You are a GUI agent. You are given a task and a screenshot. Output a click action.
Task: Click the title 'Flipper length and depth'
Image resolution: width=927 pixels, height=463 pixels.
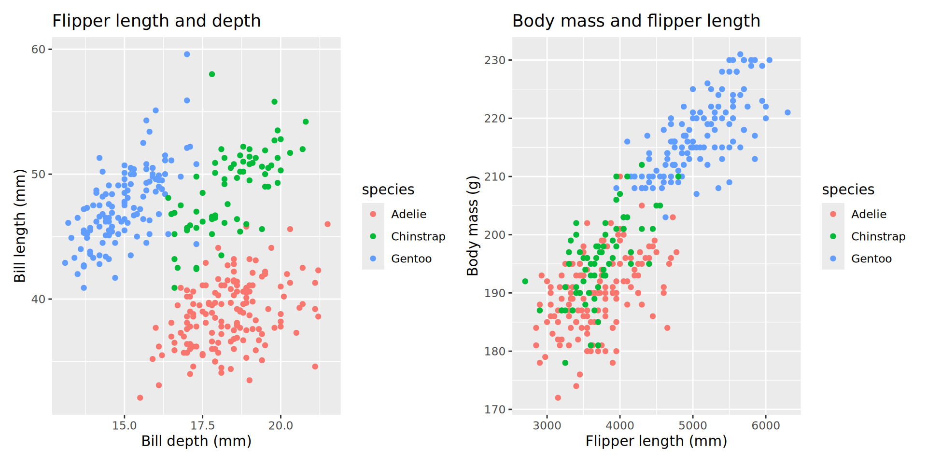[x=156, y=21]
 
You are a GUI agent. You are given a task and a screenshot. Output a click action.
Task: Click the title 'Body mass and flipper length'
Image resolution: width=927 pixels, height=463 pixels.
[x=636, y=21]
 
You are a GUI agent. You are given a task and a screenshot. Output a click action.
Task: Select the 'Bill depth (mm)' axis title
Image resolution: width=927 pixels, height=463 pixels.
[x=196, y=441]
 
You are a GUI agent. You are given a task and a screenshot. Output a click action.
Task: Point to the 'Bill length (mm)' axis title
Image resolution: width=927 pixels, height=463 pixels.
[x=20, y=226]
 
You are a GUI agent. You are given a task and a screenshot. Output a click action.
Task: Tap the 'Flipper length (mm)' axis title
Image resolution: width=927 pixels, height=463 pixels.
[x=656, y=441]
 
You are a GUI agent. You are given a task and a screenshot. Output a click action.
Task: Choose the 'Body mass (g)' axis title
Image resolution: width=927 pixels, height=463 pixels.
[x=472, y=226]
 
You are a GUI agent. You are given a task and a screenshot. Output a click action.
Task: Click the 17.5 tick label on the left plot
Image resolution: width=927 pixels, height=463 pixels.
[x=202, y=425]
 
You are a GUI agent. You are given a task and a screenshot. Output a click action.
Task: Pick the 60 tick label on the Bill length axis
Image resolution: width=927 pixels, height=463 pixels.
[x=38, y=50]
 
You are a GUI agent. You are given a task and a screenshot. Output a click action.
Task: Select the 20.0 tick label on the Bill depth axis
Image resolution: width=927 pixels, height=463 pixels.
[x=281, y=425]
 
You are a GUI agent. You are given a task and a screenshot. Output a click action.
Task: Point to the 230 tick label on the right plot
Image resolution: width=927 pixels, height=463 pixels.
[x=495, y=60]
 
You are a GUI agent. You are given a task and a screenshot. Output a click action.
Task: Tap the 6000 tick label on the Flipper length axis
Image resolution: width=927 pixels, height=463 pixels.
[x=766, y=425]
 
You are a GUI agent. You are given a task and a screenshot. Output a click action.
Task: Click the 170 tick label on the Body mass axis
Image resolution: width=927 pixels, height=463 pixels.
[x=495, y=409]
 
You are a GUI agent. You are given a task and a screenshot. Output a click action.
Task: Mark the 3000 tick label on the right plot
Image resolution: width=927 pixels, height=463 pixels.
[x=547, y=425]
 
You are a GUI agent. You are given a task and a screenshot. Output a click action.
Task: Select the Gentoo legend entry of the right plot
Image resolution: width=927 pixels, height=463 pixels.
[x=871, y=259]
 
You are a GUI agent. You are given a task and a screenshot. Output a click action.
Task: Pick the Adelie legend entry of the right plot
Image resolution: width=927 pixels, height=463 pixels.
[x=869, y=214]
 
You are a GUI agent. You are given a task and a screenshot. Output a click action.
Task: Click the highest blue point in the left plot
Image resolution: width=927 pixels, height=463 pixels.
[x=187, y=54]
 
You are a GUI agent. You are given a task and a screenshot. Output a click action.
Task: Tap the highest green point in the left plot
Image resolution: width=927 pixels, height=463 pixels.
[x=212, y=74]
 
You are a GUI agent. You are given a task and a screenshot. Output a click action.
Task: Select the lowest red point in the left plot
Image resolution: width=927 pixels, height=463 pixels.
[x=140, y=398]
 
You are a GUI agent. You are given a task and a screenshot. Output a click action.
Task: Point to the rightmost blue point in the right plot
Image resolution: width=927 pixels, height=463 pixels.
[x=787, y=112]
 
